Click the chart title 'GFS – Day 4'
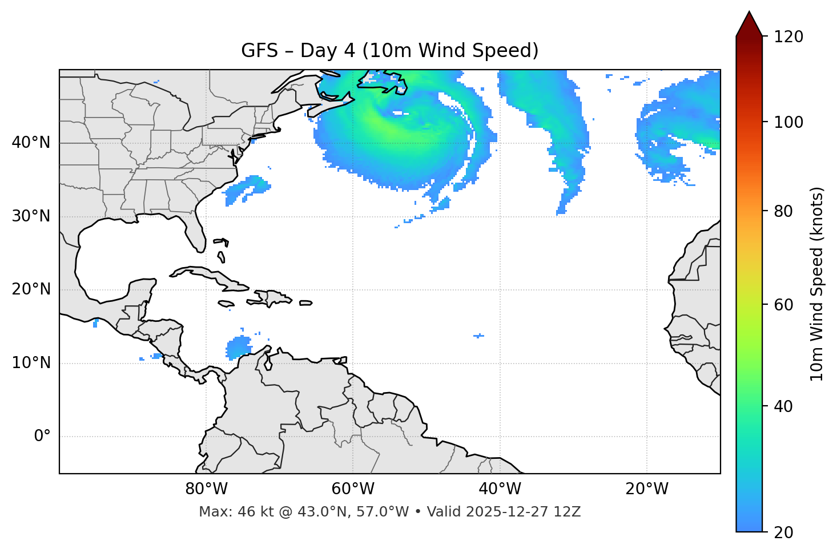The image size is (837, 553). coord(389,51)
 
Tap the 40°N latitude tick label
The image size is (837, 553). coord(31,143)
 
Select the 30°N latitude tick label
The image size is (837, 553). coord(31,216)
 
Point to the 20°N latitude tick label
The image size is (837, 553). coord(31,289)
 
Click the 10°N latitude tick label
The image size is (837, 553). coord(31,363)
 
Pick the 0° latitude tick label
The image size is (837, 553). coord(42,437)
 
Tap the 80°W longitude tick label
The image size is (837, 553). coord(206,489)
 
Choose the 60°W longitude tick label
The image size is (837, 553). coord(353,489)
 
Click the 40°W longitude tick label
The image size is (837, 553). coord(500,489)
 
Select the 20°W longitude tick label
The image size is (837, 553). coord(646,489)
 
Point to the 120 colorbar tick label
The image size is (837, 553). coord(788,37)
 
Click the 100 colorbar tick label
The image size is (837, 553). coord(788,122)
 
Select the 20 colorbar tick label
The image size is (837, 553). coord(784,532)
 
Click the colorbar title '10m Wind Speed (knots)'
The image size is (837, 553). coord(817,284)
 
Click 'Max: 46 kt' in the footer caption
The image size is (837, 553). coord(228,512)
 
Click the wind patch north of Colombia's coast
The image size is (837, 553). coord(239,347)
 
